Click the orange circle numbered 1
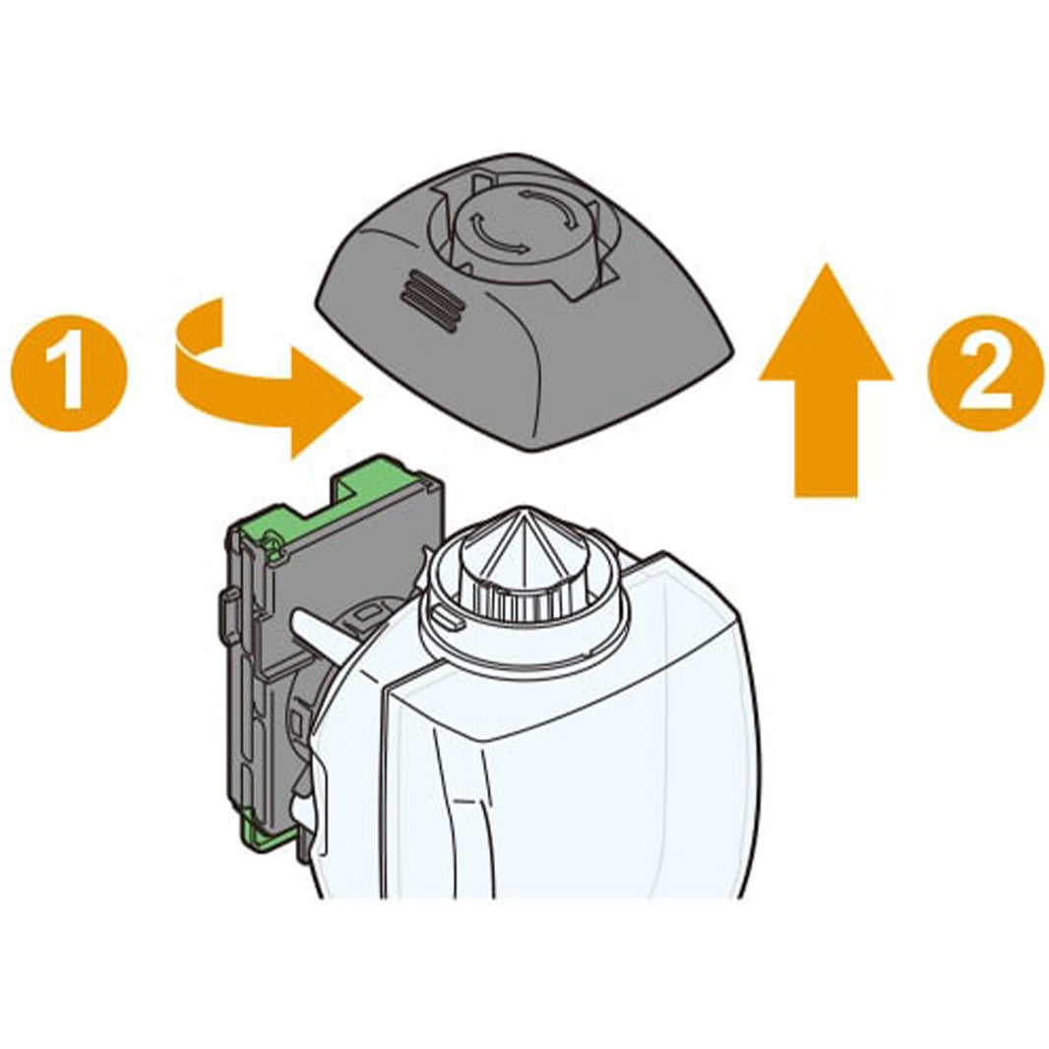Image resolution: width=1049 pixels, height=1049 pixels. coord(68,371)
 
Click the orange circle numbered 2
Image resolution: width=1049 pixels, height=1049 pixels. coord(985,371)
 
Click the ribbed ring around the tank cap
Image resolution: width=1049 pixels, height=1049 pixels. coord(519,597)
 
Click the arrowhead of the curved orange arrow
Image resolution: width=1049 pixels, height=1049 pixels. coord(326,404)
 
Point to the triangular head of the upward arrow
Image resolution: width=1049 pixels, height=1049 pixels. coord(826,321)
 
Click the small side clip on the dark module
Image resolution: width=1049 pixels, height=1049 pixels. coord(228,609)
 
